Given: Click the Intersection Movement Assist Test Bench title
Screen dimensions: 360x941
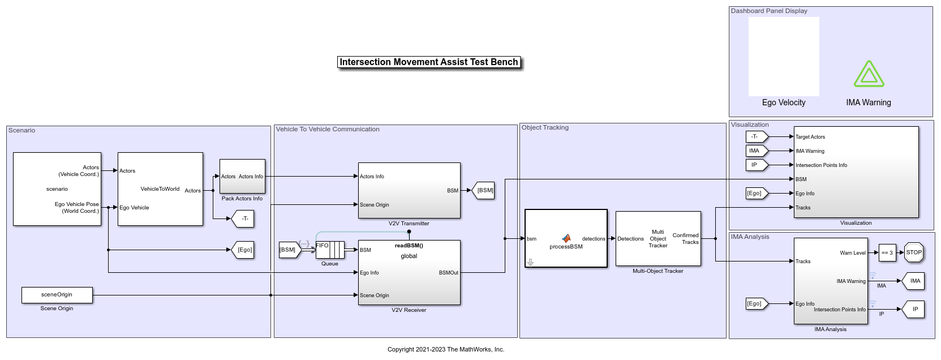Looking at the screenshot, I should pos(429,62).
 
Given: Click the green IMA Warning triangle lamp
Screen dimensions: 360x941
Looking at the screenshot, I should pos(869,75).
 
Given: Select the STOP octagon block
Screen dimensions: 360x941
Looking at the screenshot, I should pos(914,252).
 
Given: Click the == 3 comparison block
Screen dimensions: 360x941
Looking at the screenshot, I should pos(887,253).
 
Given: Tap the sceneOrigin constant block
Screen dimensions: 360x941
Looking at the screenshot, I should pos(57,295).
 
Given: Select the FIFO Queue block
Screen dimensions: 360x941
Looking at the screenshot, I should pos(330,250).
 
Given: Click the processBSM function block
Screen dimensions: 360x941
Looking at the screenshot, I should pos(566,238).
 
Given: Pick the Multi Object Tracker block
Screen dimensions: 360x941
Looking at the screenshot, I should pos(658,238).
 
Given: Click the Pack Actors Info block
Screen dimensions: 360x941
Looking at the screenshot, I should pos(242,177).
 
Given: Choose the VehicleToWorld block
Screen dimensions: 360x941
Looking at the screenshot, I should pos(160,189).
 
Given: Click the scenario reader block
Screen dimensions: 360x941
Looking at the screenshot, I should pos(57,189).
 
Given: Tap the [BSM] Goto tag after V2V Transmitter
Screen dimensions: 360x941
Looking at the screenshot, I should pos(485,191).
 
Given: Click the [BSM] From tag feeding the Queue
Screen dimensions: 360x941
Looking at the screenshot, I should pos(289,250).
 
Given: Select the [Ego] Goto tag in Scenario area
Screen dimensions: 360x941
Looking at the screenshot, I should pos(243,250).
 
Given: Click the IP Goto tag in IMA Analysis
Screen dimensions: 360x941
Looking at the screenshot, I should pos(914,309).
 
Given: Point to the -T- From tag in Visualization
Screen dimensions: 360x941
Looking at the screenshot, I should pos(756,136).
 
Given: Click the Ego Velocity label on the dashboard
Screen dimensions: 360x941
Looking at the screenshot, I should pos(784,102).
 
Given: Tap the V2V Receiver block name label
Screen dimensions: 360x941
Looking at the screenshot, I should pos(409,310).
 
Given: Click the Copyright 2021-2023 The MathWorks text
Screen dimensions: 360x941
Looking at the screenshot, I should pos(446,349).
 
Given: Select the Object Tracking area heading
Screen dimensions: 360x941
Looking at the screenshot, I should pos(545,128).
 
